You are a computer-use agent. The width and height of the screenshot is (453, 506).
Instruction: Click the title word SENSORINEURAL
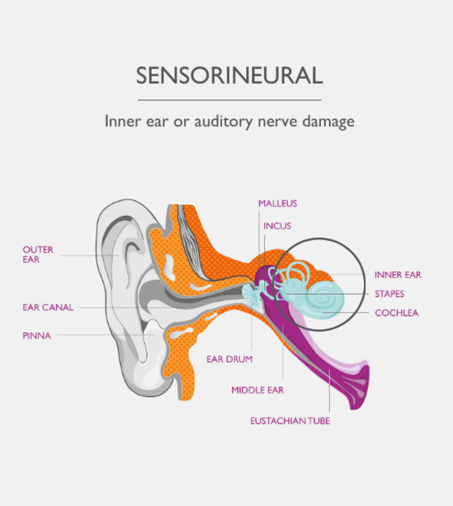click(x=230, y=76)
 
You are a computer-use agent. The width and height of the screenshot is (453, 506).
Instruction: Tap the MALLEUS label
click(x=277, y=204)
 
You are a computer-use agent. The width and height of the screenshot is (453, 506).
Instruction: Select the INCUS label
click(x=277, y=226)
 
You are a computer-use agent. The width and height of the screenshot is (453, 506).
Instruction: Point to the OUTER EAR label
click(x=38, y=254)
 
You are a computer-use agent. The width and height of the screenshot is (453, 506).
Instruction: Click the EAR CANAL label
click(x=48, y=307)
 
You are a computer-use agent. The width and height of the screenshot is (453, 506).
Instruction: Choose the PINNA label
click(x=37, y=335)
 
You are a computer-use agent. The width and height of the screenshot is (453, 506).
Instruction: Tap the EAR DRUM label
click(x=230, y=359)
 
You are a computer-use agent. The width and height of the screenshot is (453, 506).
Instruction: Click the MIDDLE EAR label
click(x=256, y=390)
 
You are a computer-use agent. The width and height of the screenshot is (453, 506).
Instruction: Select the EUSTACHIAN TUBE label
click(x=290, y=421)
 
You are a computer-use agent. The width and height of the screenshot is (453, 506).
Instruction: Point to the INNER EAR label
click(x=398, y=275)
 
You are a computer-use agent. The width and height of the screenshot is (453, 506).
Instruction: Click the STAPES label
click(x=390, y=294)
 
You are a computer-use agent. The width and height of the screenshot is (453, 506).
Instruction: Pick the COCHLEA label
click(x=396, y=313)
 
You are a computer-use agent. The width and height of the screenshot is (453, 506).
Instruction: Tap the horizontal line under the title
click(x=230, y=100)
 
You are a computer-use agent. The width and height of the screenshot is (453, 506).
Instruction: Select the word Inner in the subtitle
click(x=123, y=122)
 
